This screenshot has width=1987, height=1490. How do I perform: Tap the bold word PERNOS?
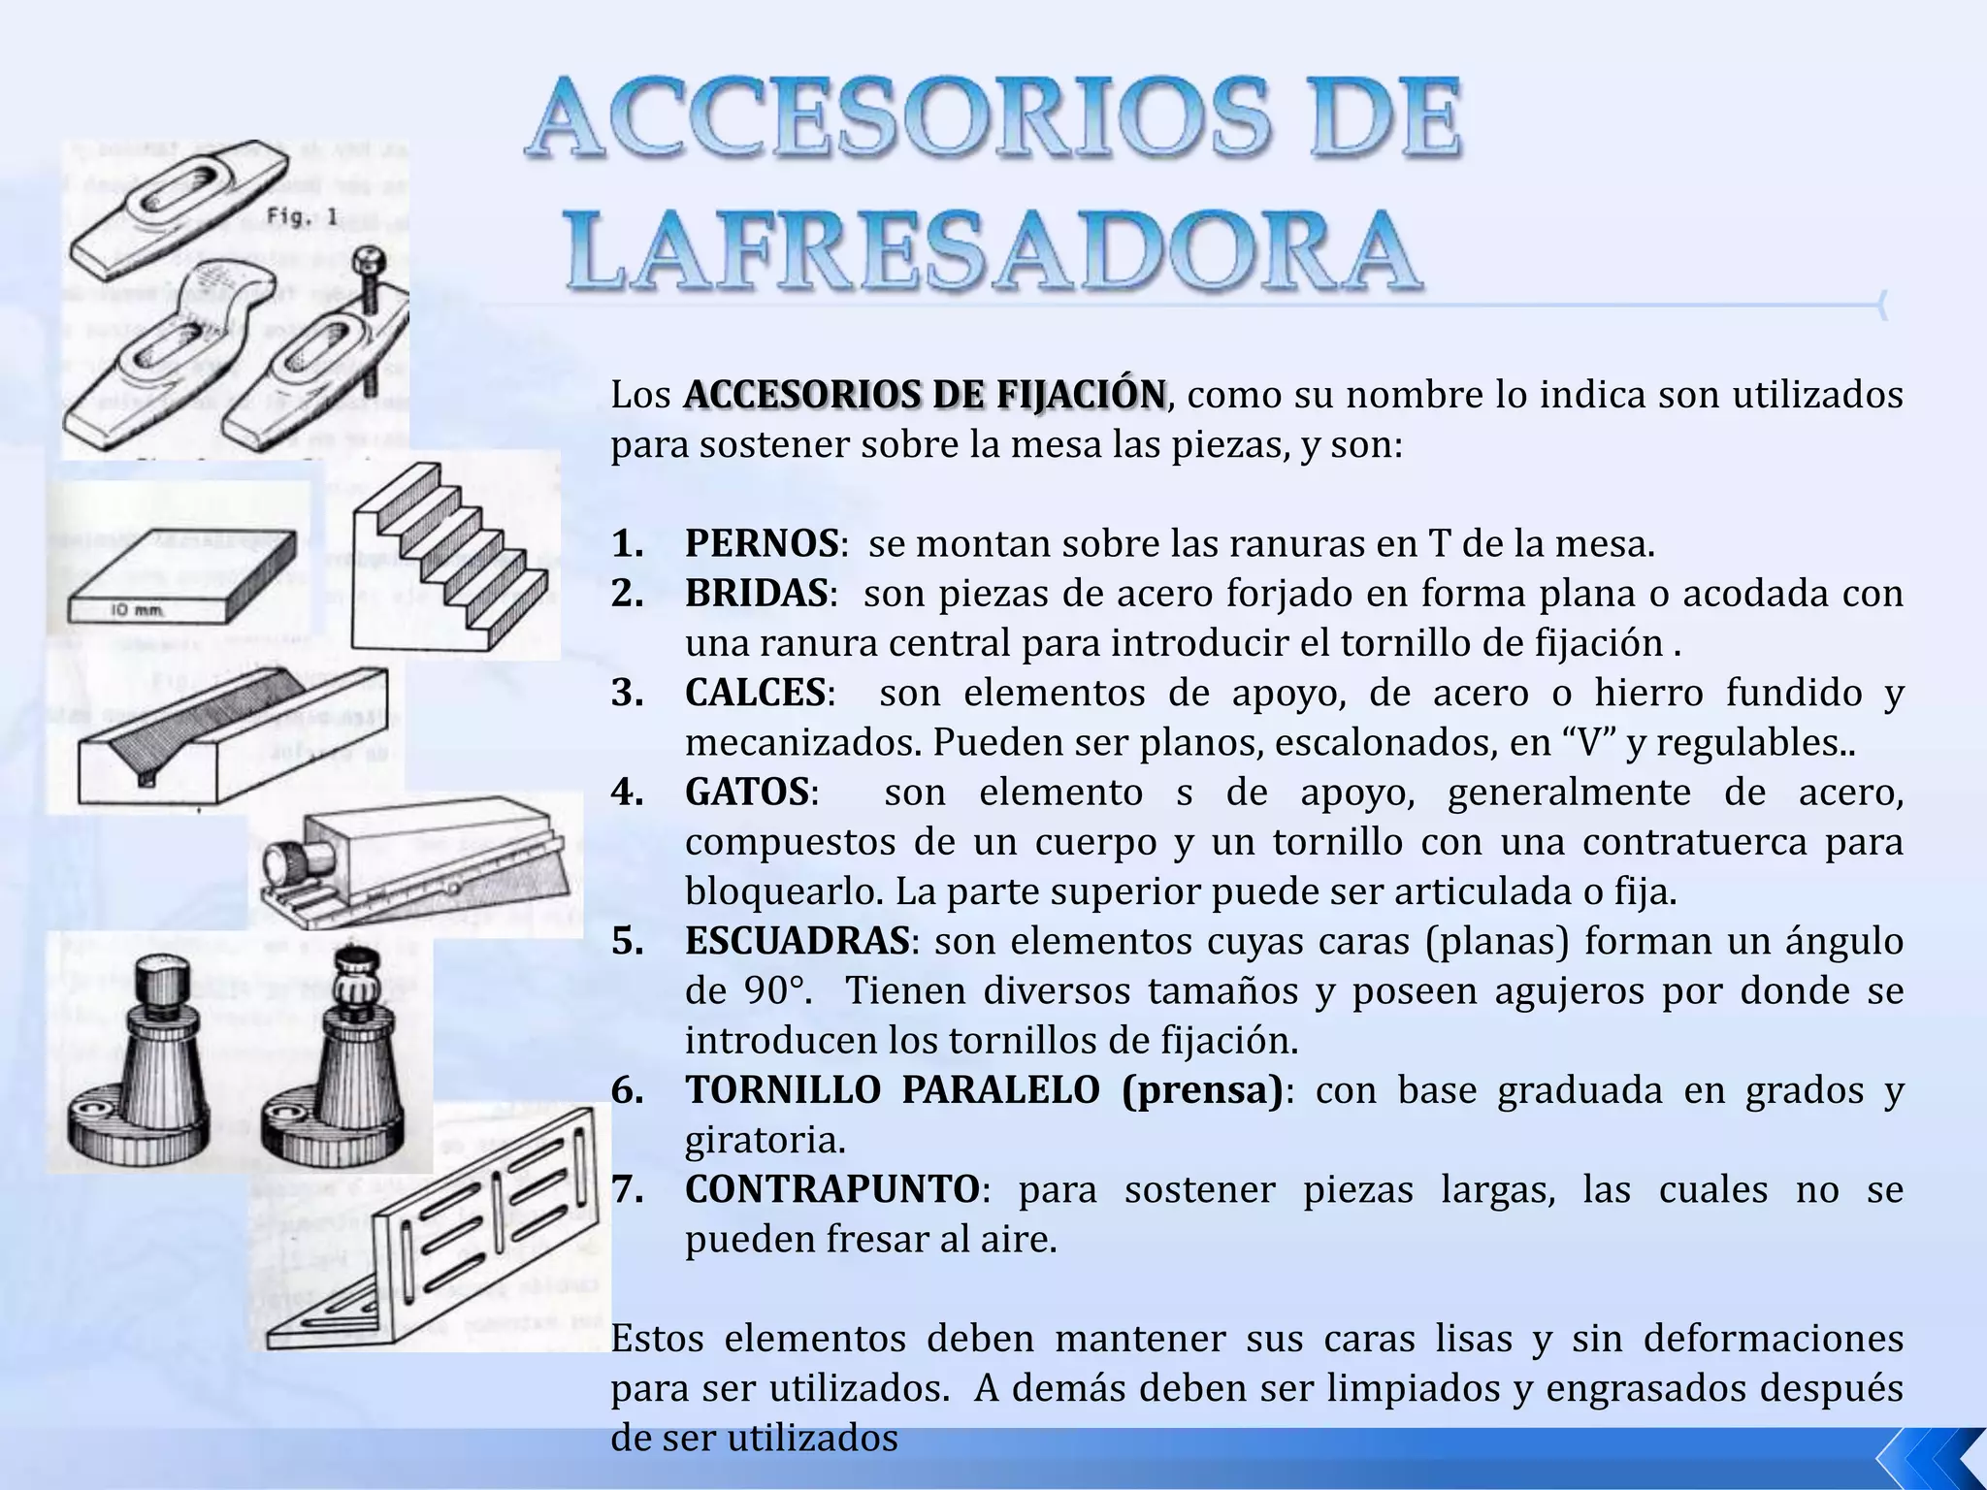tap(761, 544)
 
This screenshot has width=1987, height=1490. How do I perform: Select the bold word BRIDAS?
tap(756, 594)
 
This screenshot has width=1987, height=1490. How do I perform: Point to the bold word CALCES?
tap(755, 694)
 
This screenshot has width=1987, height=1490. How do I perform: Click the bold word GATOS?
tap(746, 793)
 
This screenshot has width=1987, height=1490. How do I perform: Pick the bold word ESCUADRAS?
tap(797, 942)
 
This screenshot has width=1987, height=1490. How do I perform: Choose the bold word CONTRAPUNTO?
tap(831, 1190)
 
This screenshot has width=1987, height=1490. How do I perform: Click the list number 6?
tap(627, 1091)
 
